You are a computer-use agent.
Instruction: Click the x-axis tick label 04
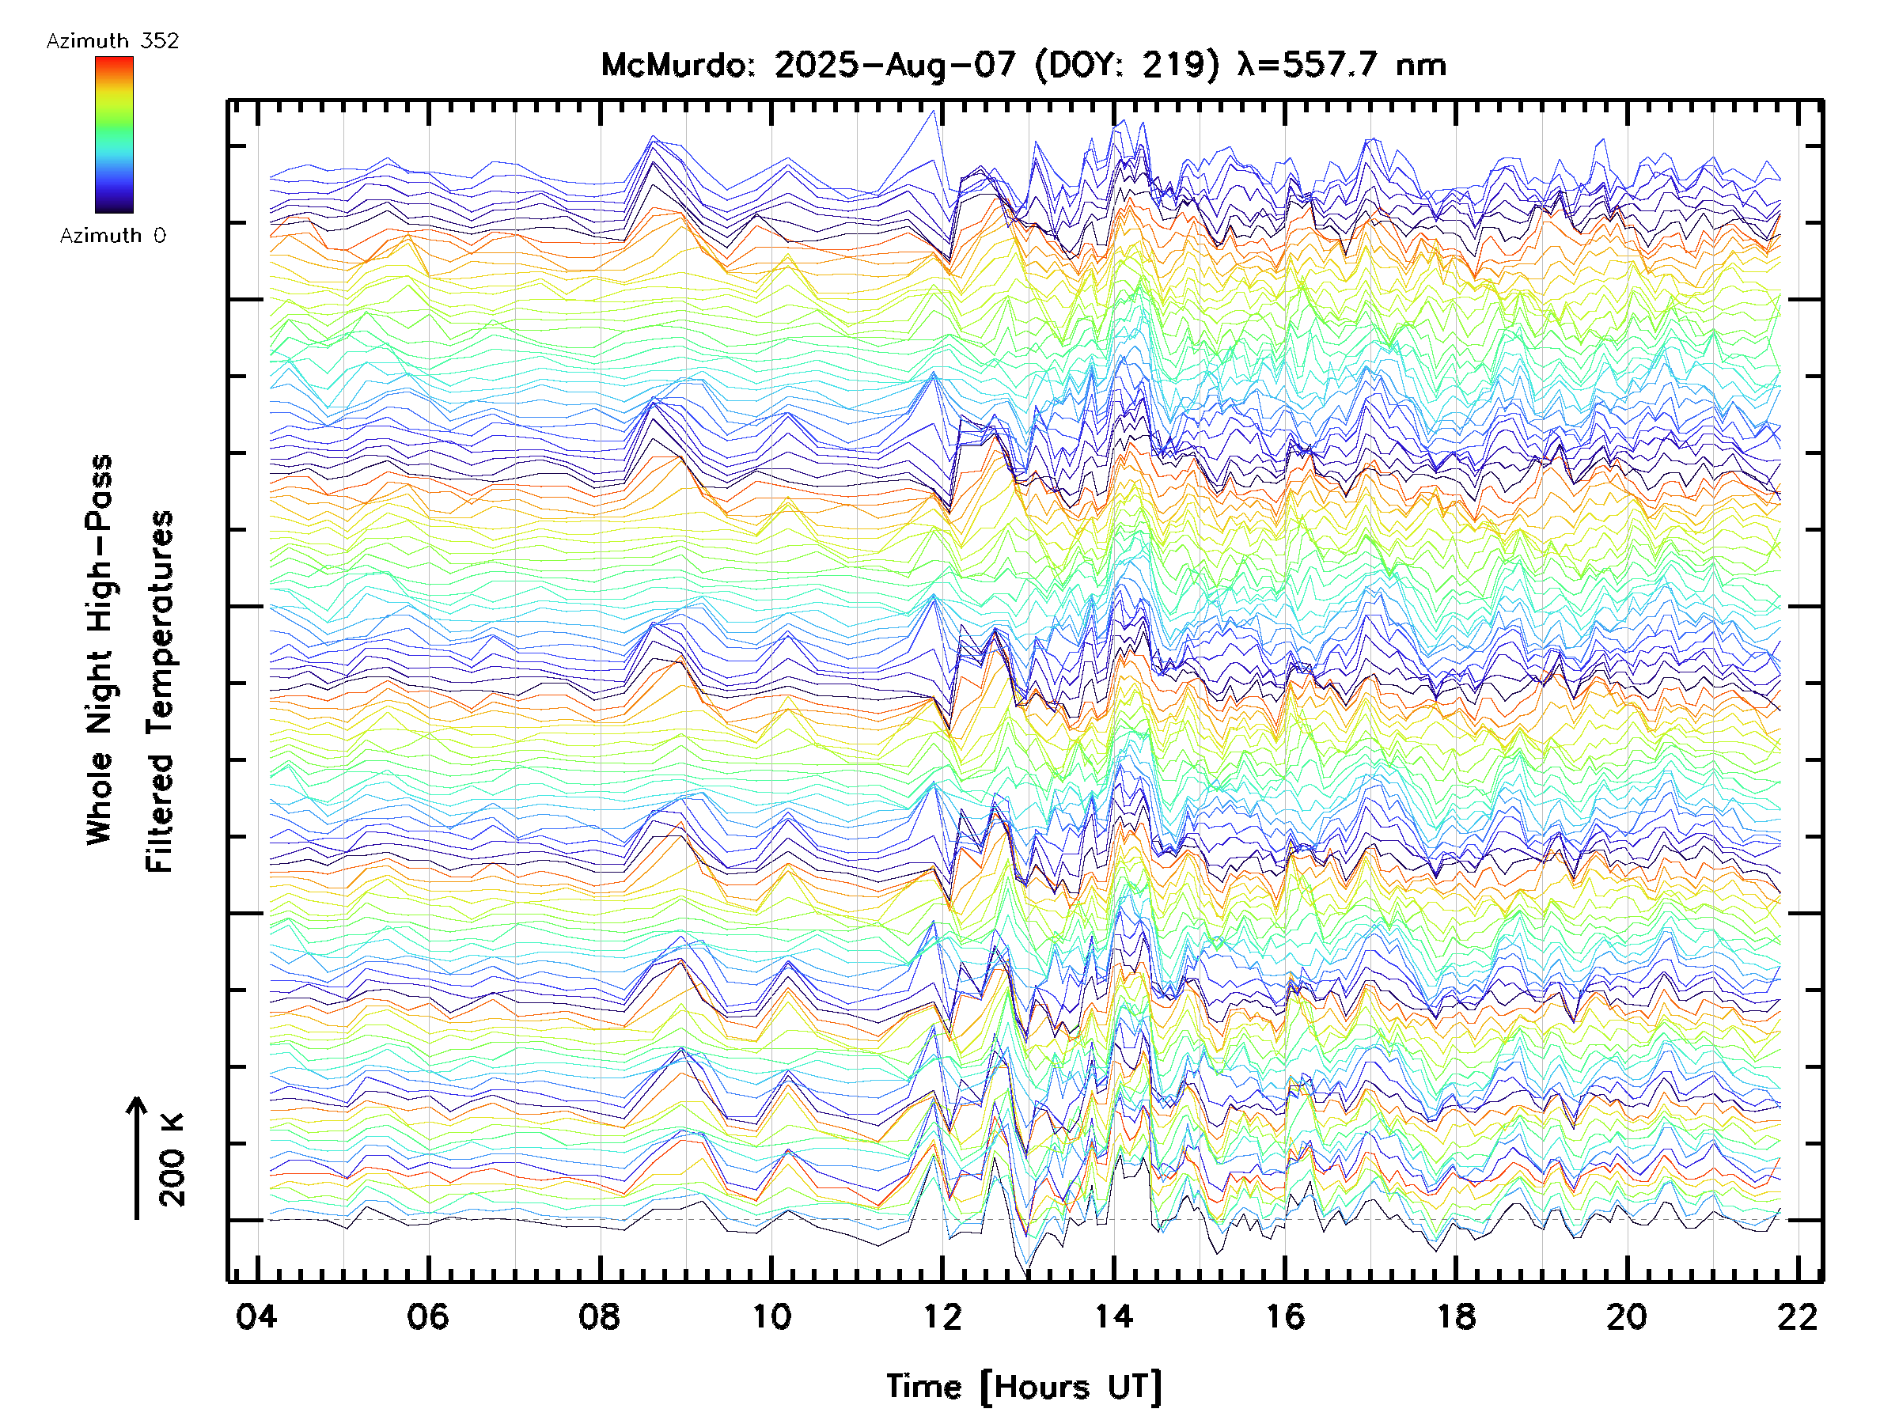(256, 1316)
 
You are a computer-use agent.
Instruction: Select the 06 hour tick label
(427, 1316)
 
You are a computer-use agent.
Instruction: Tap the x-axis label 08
(599, 1316)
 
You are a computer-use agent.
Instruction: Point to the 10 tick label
(771, 1316)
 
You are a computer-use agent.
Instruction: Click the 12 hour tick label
(942, 1316)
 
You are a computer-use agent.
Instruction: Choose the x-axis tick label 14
(1113, 1316)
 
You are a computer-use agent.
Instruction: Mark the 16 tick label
(1285, 1316)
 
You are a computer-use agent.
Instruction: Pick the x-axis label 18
(1456, 1316)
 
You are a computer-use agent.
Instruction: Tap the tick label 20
(1627, 1316)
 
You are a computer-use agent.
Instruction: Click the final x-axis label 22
(1798, 1316)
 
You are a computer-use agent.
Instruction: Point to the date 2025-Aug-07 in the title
(896, 65)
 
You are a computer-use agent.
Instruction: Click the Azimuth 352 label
(112, 41)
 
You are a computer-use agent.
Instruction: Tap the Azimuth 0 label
(112, 235)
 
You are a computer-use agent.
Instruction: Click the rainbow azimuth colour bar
(114, 134)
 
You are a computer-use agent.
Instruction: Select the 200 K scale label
(172, 1160)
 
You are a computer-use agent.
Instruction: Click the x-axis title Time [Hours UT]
(1024, 1386)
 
